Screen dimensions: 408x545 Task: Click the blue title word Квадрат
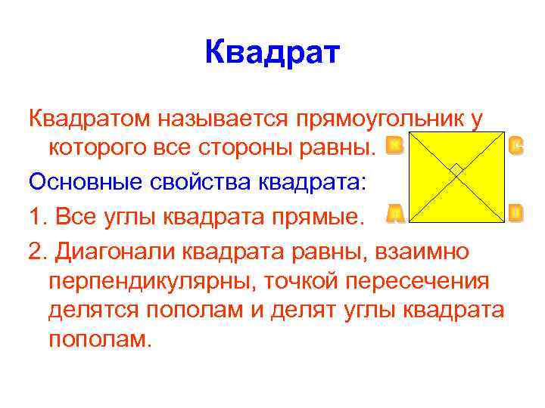(x=272, y=54)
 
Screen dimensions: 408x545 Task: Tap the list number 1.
(x=36, y=218)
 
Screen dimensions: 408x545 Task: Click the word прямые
(x=316, y=218)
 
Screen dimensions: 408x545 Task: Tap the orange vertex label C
(x=516, y=145)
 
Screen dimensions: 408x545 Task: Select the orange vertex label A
(x=394, y=214)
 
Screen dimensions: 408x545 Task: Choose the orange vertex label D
(x=515, y=214)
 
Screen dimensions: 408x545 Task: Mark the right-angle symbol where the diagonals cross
(x=456, y=170)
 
